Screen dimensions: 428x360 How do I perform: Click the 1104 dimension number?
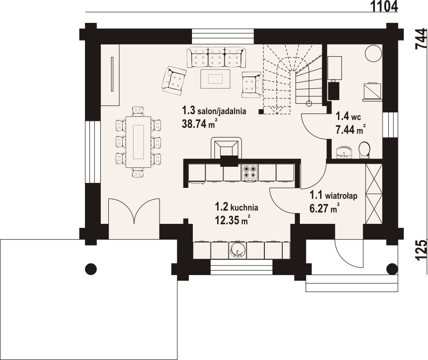coord(384,6)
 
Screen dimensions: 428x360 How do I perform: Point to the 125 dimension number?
coord(421,250)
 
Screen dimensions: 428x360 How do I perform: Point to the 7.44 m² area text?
coord(351,129)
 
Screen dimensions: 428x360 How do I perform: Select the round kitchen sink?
coord(237,250)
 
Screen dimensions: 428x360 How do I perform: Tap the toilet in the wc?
coord(364,150)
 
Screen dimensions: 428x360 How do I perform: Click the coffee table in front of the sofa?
coord(215,79)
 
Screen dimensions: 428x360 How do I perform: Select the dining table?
coord(138,142)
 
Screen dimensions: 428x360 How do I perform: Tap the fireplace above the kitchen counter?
coord(226,151)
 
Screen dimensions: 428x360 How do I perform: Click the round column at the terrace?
coord(91,269)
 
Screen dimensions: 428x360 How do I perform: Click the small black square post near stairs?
coord(261,111)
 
